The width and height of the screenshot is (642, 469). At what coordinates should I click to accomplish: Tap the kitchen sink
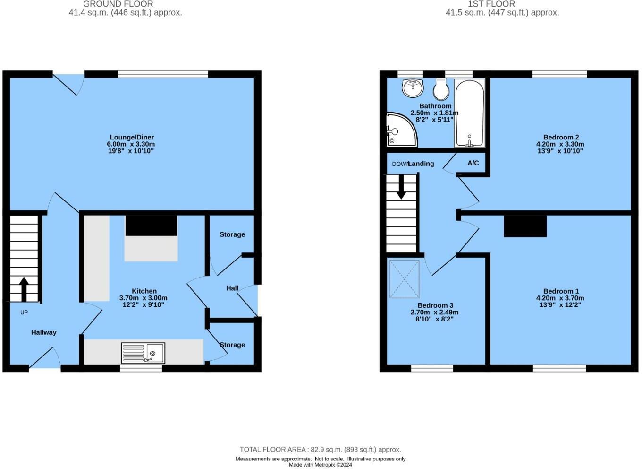(x=143, y=353)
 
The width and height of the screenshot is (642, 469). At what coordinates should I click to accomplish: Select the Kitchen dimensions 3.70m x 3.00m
(x=143, y=298)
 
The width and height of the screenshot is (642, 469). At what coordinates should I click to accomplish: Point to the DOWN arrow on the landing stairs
(x=401, y=187)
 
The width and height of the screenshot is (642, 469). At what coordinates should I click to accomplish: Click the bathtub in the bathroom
(x=469, y=113)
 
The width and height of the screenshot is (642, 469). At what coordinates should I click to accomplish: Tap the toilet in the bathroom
(x=441, y=89)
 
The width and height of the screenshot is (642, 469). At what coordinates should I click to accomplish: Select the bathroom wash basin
(x=413, y=87)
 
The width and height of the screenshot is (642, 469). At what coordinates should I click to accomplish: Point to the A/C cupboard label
(x=473, y=163)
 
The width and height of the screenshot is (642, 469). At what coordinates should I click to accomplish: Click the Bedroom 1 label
(x=560, y=291)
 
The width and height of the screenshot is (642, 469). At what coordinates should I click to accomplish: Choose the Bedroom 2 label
(x=560, y=138)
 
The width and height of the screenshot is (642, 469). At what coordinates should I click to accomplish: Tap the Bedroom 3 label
(x=435, y=305)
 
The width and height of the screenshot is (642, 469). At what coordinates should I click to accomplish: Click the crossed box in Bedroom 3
(x=404, y=279)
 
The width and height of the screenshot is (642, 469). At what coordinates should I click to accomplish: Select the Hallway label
(x=44, y=332)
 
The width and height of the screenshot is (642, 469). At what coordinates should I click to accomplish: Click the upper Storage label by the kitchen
(x=232, y=234)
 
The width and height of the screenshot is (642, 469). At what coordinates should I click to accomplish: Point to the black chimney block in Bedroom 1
(x=525, y=226)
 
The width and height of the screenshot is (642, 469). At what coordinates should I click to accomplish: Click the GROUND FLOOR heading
(x=118, y=4)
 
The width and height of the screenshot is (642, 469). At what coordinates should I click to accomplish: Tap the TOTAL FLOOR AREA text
(x=320, y=450)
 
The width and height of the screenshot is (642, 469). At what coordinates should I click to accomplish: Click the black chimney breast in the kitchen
(x=151, y=225)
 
